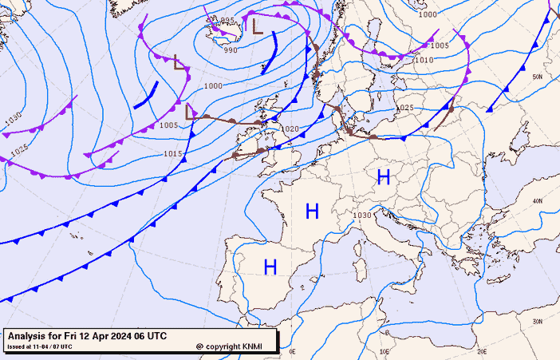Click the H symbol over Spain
tap(270, 267)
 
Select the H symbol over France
tap(312, 212)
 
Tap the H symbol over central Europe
tap(384, 176)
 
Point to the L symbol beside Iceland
tap(257, 26)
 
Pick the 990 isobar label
tap(231, 50)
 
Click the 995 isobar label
tap(227, 21)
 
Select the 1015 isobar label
tap(173, 154)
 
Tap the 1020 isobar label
tap(290, 129)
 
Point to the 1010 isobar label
tap(424, 60)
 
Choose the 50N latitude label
tap(538, 77)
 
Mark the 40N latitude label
tap(537, 200)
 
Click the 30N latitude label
tap(538, 322)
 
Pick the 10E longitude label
tap(385, 351)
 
